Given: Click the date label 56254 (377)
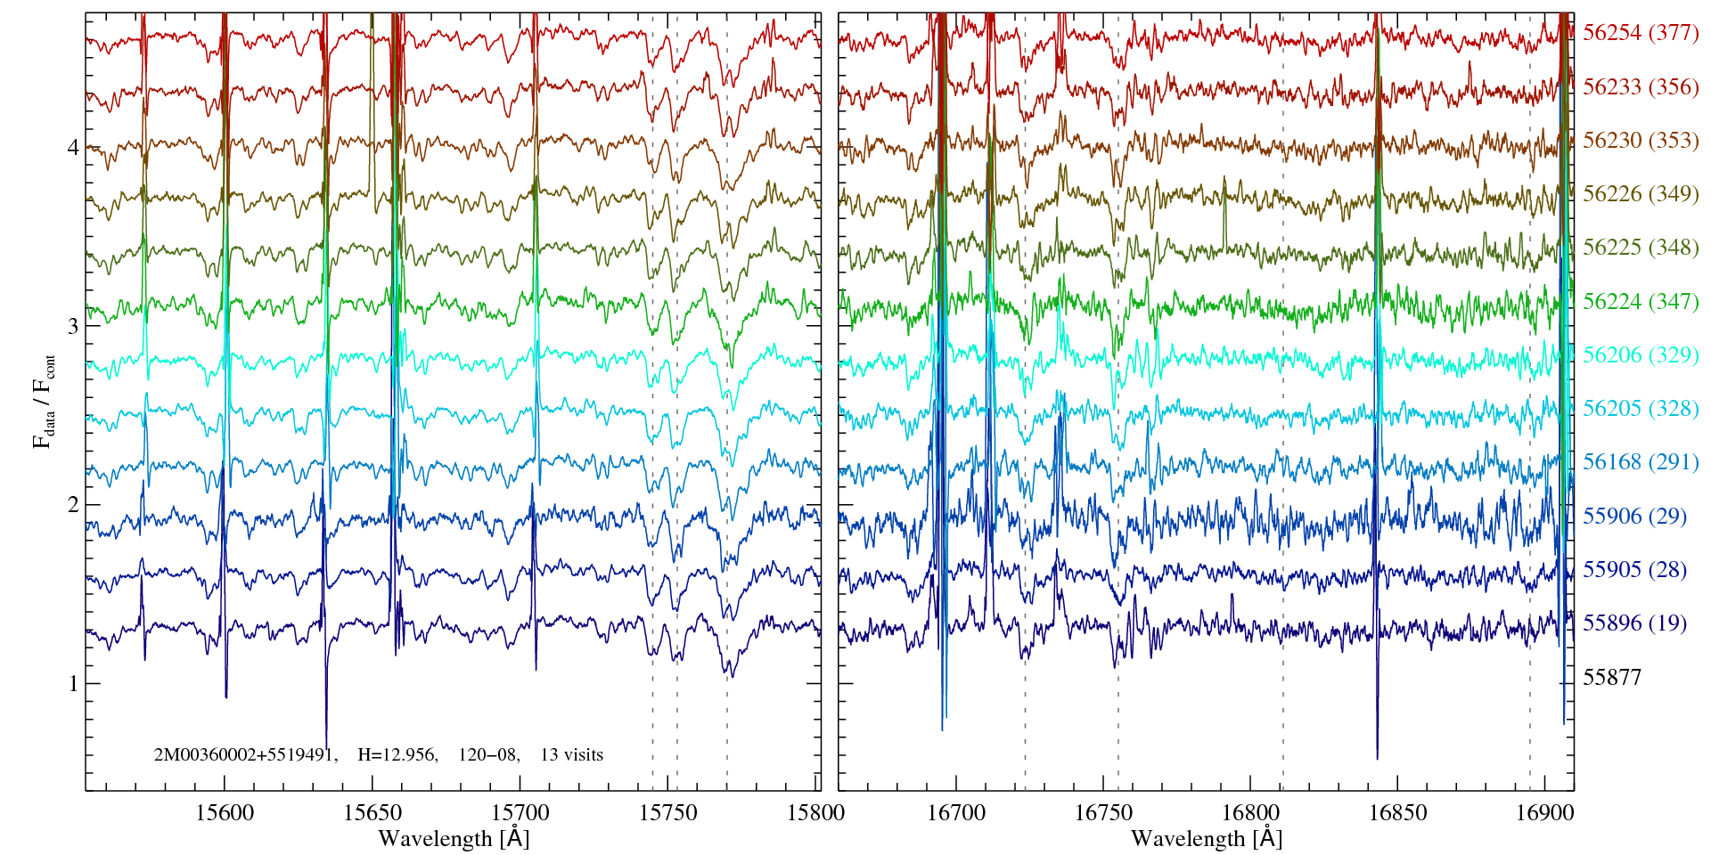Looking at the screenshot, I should coord(1640,33).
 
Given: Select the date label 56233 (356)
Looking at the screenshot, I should coord(1640,87).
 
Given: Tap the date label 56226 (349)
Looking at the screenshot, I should coord(1640,194).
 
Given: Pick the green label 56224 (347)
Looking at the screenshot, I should coord(1640,301).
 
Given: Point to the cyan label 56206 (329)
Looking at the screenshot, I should coord(1640,354).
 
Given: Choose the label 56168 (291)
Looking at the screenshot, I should coord(1640,462).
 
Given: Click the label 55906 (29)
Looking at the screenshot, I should coord(1633,516).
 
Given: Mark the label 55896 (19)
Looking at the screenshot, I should coord(1633,623).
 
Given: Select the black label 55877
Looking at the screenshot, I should coord(1611,677).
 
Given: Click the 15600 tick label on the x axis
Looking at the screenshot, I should coord(225,812).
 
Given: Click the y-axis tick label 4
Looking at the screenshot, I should coord(73,147).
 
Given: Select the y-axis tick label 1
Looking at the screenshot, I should coord(73,684).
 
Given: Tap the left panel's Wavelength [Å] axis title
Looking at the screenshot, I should coord(453,838).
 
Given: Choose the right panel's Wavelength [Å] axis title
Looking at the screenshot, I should coord(1206,838).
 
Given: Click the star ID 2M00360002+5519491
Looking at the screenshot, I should coord(245,755).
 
